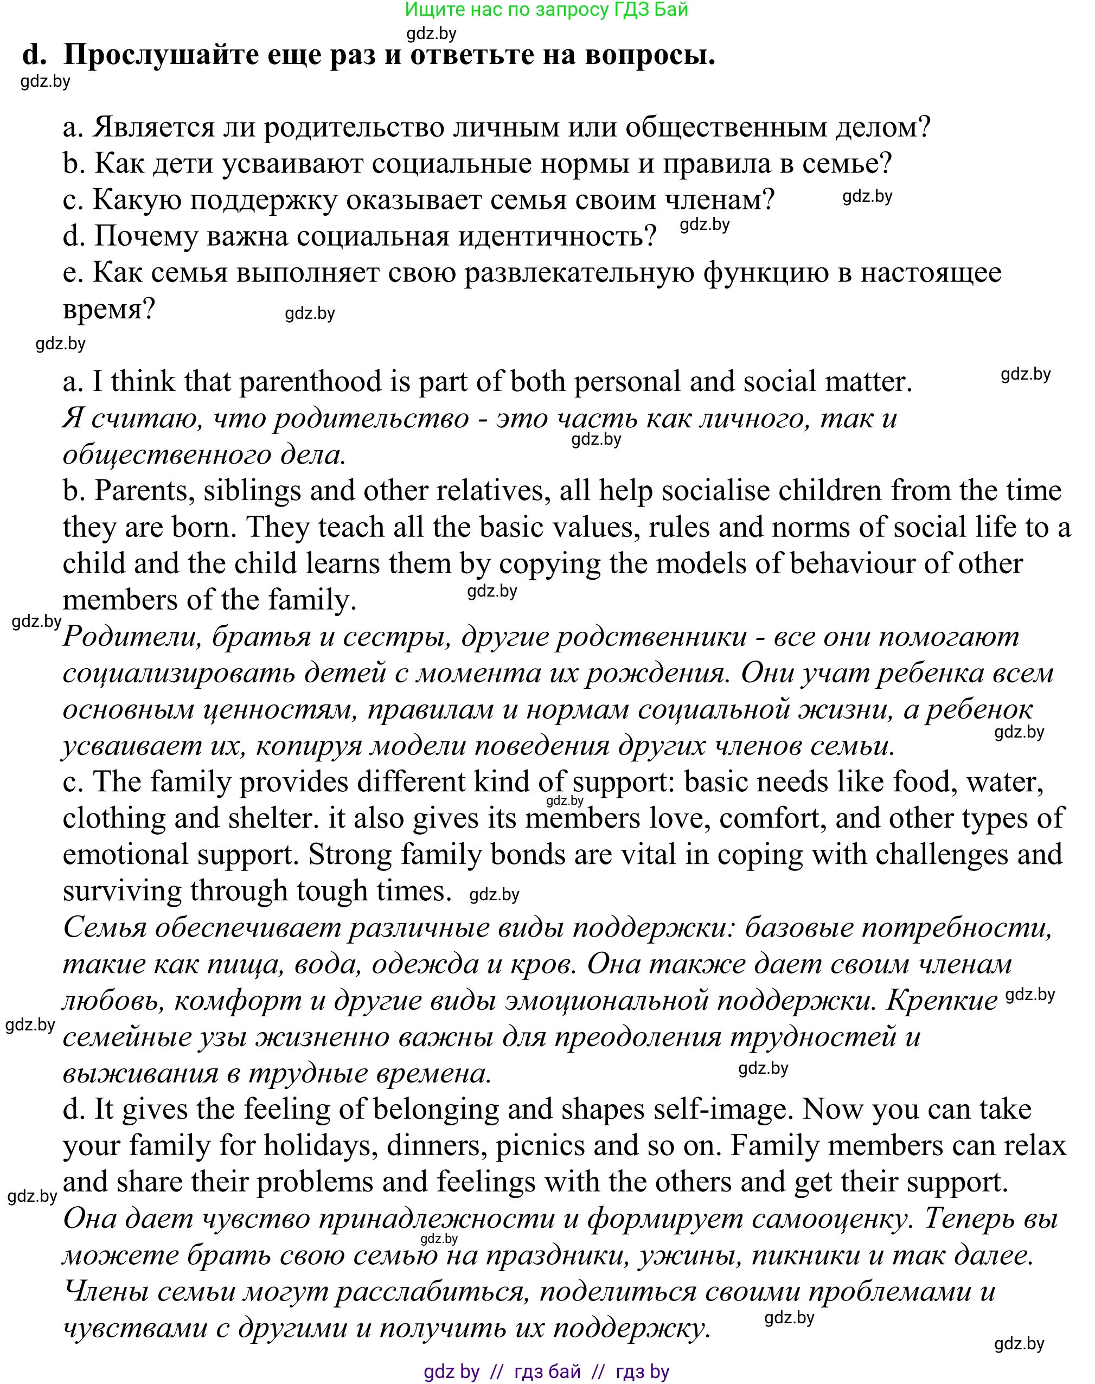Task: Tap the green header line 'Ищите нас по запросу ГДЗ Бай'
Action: coord(546,10)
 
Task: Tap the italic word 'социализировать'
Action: coord(179,673)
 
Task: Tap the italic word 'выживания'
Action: coord(140,1074)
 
